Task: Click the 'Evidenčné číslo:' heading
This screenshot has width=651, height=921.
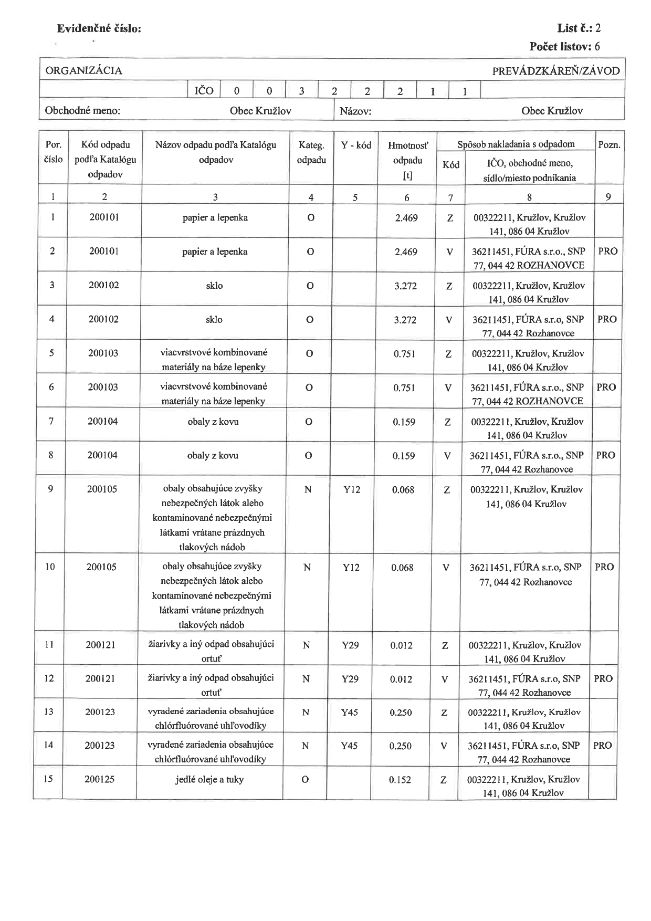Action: coord(99,29)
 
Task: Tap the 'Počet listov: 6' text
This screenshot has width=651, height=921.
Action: coord(564,46)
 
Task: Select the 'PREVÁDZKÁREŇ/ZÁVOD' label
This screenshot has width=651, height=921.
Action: coord(555,71)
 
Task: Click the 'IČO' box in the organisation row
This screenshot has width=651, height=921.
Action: coord(204,91)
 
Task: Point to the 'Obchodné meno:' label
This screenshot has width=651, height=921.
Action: coord(82,111)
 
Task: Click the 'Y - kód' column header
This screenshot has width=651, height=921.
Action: coord(356,145)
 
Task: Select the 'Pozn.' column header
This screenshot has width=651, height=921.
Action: coord(609,145)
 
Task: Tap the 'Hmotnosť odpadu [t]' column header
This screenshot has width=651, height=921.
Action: coord(407,160)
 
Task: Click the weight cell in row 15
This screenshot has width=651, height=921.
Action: coord(400,780)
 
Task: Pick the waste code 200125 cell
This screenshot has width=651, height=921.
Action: coord(100,779)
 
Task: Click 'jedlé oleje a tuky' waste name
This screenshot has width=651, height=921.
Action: coord(209,779)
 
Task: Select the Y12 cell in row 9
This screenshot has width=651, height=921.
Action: coord(352,489)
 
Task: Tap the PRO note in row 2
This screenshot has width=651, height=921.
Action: coord(607,251)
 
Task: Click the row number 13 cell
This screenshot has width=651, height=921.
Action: coord(49,712)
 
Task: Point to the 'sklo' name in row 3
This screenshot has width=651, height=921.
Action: coord(214,286)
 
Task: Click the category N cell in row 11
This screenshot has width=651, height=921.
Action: coord(306,645)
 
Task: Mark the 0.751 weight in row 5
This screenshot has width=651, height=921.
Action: coord(404,354)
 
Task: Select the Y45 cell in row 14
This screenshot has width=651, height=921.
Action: coord(349,746)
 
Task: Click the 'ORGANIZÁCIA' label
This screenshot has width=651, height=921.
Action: coord(84,71)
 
